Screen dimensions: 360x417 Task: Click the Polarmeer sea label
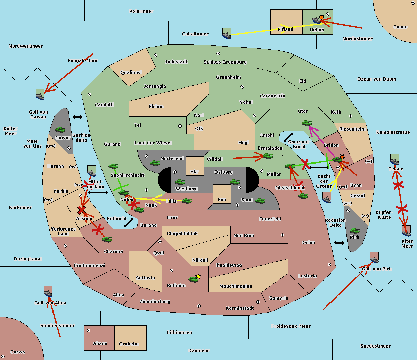(141, 11)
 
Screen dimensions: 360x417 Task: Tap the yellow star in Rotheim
(198, 276)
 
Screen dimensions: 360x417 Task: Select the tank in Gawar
(60, 129)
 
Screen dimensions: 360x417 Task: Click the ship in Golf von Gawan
(40, 94)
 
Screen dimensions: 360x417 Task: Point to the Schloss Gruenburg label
(225, 62)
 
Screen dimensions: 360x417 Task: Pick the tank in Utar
(306, 123)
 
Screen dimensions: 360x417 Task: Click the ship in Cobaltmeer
(227, 33)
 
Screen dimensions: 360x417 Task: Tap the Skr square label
(195, 171)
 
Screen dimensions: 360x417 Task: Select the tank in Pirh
(354, 231)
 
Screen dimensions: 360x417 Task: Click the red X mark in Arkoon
(82, 210)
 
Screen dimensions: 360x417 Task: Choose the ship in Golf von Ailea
(48, 292)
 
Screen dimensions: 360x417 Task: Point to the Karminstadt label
(240, 308)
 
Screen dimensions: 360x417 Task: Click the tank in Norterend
(155, 163)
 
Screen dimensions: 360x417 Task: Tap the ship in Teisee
(394, 159)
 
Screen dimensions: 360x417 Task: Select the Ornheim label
(129, 344)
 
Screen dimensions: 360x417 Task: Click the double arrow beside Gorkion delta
(77, 117)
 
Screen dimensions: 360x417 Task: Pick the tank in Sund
(260, 201)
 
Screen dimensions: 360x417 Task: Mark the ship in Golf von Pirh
(374, 258)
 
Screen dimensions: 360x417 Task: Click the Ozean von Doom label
(376, 79)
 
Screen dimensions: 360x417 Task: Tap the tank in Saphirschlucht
(113, 167)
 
